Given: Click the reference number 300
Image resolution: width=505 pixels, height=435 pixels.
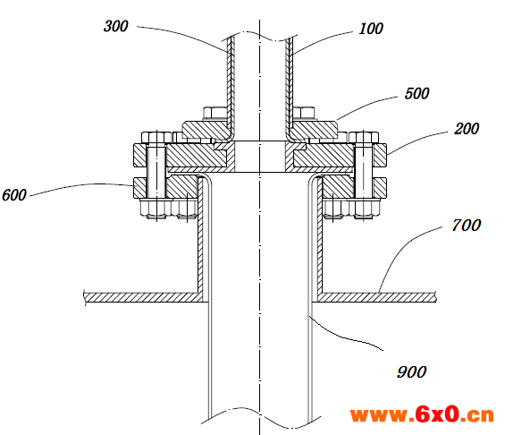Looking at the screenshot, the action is pos(116,26).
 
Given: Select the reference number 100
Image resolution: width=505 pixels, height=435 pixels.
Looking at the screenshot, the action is pos(371,29).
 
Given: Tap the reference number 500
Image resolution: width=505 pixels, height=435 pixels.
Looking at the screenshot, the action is pos(417,93).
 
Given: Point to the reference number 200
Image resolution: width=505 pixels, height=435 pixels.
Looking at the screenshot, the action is pos(467,129).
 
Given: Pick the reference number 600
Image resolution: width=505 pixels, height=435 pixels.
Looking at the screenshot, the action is pos(13,195).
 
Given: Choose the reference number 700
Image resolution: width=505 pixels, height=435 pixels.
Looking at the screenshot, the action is pos(467,225).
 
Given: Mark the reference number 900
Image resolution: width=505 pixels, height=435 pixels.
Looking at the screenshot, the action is pos(412,372).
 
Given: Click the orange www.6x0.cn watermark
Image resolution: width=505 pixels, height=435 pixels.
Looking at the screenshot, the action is pos(422,414).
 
